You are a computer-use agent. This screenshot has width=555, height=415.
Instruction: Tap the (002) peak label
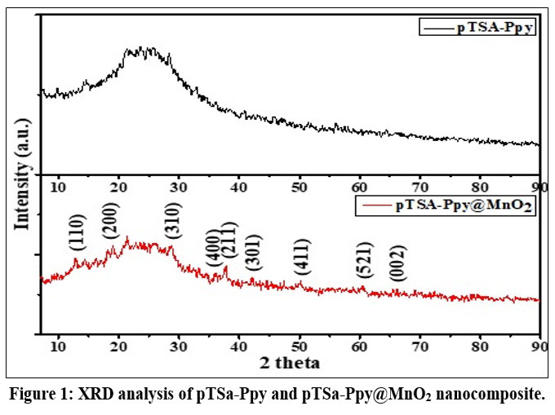coord(397,263)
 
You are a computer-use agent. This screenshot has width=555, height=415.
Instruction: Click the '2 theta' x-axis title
coord(289,361)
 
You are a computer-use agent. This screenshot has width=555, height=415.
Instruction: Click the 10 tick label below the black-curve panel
coord(58,186)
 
